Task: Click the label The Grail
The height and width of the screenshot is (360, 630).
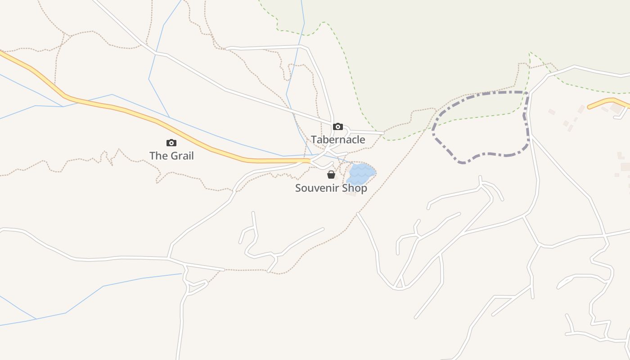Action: (171, 156)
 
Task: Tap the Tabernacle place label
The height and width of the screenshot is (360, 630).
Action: (337, 139)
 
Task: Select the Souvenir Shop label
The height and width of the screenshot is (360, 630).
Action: (331, 188)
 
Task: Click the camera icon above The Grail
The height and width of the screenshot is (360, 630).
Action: (171, 143)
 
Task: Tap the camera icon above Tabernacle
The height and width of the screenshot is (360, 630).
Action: (337, 126)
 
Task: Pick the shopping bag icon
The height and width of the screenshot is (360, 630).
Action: (331, 175)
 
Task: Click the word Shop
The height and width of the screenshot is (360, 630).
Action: (356, 188)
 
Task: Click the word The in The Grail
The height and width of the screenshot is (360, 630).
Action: (157, 156)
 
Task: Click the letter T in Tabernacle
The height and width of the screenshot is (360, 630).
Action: (314, 139)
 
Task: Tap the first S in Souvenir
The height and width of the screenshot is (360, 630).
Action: (298, 188)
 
